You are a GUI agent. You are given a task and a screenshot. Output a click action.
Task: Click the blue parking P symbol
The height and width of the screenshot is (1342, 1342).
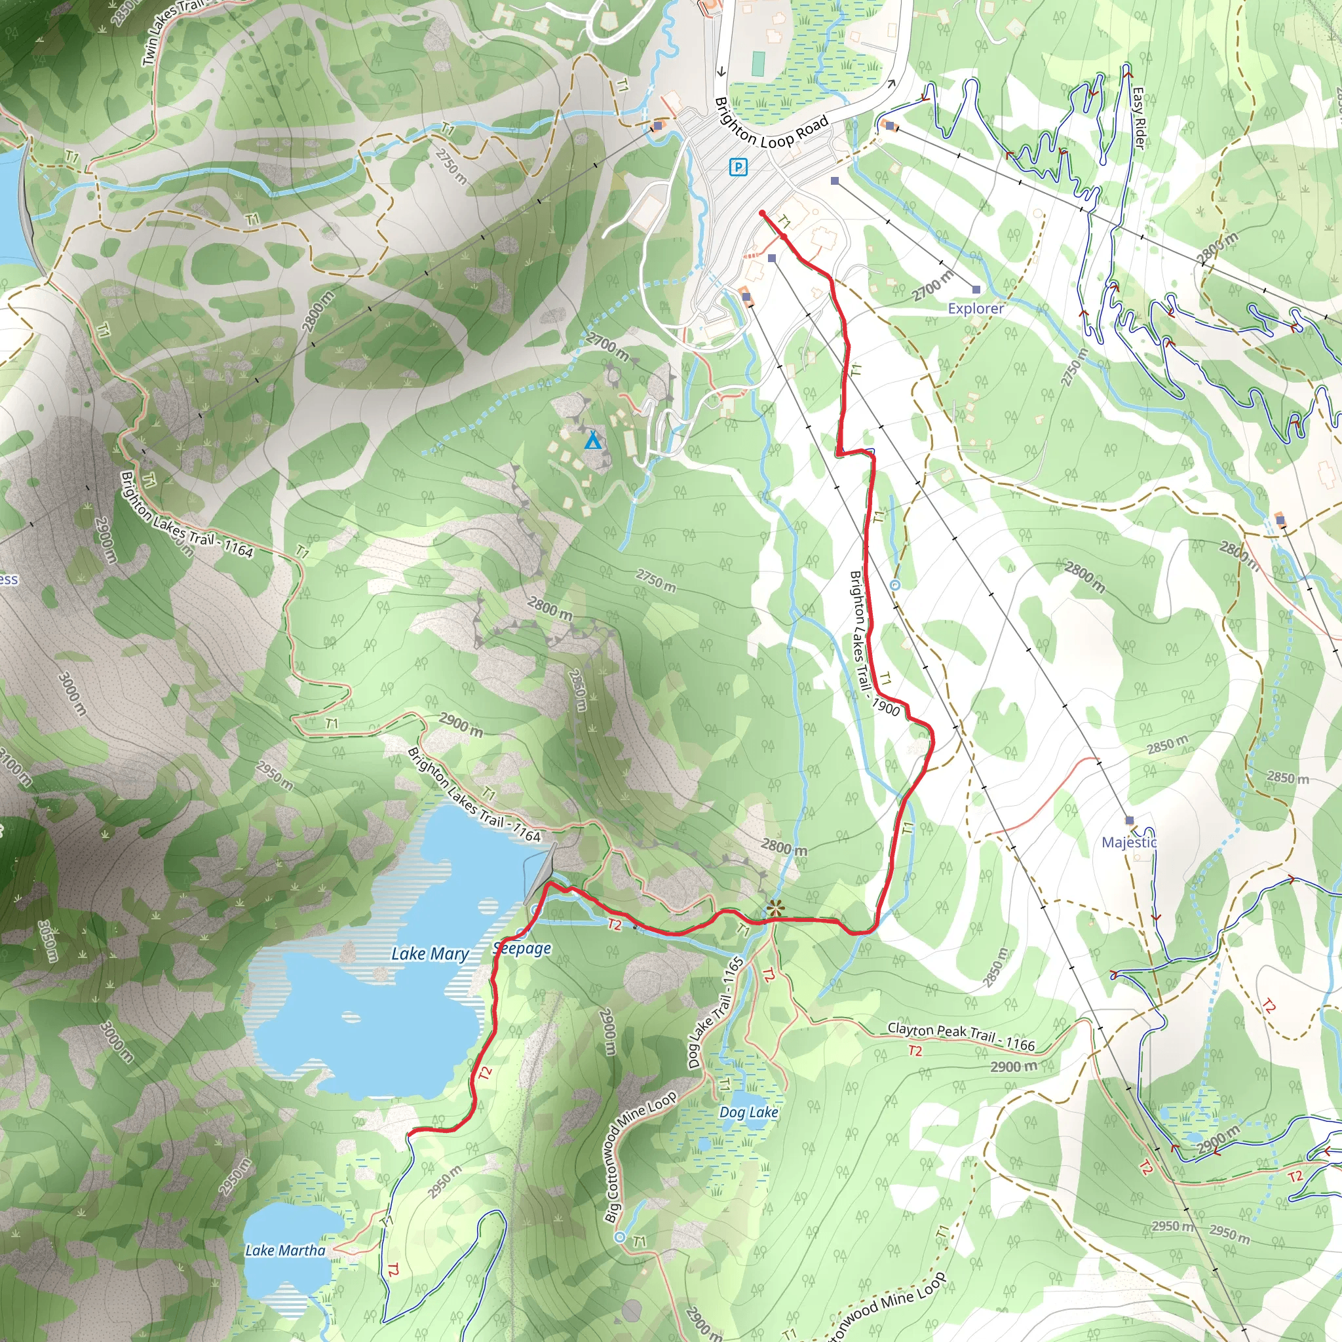(738, 166)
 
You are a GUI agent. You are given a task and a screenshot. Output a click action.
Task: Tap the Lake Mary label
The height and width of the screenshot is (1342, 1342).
(430, 953)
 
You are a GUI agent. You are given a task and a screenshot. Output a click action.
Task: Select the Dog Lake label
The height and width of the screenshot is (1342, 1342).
(748, 1112)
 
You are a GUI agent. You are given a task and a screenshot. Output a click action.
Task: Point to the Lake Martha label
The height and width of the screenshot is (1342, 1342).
(285, 1251)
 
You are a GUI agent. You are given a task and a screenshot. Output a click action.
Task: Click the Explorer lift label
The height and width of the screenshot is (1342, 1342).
(975, 309)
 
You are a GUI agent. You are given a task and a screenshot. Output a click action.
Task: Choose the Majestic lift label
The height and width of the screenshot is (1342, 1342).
(1129, 843)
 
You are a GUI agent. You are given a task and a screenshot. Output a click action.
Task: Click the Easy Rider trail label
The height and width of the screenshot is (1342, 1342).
(1138, 117)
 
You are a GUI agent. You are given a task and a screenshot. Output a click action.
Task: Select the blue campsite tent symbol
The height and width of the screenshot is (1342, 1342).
(592, 440)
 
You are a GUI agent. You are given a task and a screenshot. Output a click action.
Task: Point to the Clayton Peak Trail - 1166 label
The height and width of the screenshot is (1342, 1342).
(961, 1037)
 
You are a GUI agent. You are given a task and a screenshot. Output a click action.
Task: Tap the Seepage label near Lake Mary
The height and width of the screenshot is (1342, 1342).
(522, 949)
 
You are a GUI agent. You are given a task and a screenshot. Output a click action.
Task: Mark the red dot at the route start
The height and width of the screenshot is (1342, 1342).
(762, 213)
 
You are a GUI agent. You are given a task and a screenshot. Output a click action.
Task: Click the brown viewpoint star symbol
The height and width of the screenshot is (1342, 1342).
(775, 907)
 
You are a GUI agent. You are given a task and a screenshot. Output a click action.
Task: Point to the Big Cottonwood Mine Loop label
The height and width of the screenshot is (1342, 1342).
(640, 1157)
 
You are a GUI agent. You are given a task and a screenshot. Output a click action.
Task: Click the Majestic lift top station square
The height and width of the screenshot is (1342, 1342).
(1130, 820)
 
